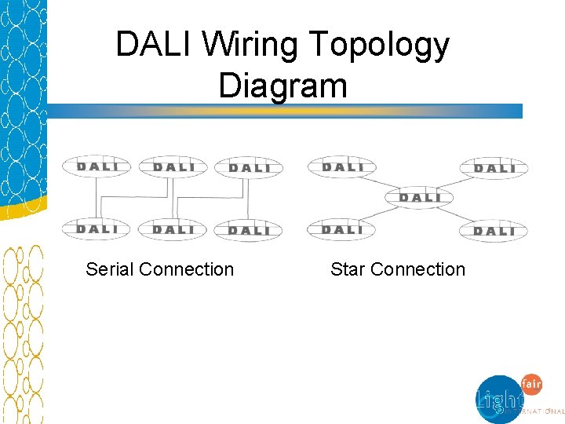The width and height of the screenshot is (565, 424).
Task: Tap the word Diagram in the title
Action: (282, 85)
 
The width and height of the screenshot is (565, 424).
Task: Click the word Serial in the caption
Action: (110, 269)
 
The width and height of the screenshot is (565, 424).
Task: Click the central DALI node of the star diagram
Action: (420, 197)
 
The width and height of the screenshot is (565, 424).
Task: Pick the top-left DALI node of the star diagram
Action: (343, 166)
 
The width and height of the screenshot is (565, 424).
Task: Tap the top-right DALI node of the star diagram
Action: (495, 168)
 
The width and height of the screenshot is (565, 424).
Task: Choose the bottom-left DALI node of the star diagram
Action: (343, 229)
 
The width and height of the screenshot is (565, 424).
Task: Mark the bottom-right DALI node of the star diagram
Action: (495, 231)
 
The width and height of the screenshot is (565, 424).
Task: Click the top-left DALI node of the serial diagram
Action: (97, 166)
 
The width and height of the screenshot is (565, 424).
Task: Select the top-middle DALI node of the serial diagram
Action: (173, 166)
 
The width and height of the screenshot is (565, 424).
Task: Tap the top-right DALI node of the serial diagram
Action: (249, 168)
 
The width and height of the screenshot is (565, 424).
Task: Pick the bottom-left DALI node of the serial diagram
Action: (97, 229)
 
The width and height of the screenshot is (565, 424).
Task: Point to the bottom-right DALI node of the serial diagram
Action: (249, 231)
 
